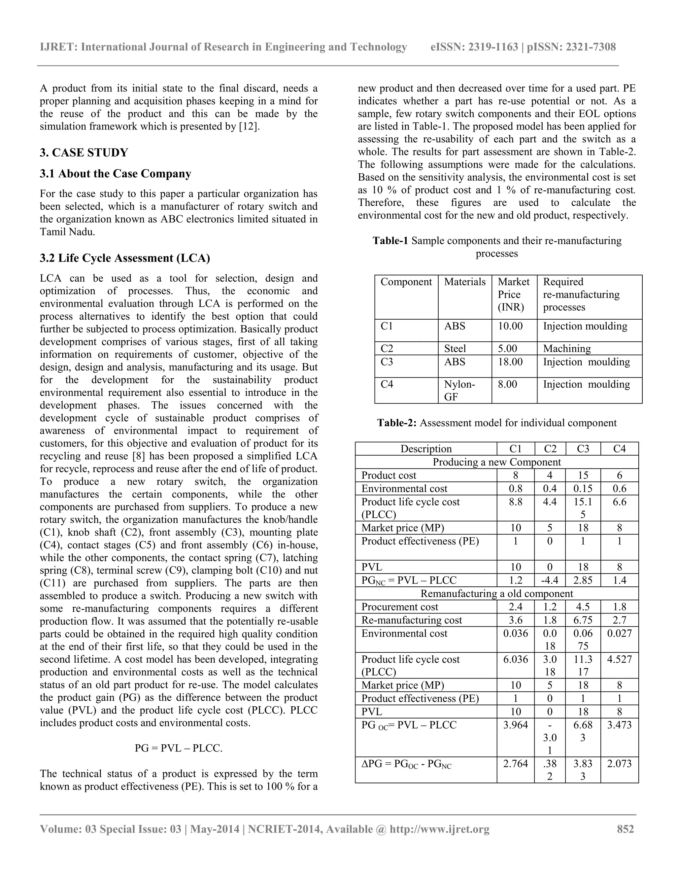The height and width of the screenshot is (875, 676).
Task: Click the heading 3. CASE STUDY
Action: point(84,153)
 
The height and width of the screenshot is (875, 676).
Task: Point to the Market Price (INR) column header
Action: point(513,295)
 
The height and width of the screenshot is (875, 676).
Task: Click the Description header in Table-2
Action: point(426,449)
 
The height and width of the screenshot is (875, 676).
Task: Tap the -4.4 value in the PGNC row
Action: point(550,580)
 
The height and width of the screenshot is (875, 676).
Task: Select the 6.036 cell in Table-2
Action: point(515,659)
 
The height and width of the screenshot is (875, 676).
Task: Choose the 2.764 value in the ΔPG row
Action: point(515,764)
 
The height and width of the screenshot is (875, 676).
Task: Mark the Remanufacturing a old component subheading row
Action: point(496,593)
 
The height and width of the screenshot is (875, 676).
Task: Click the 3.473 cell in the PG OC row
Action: point(619,725)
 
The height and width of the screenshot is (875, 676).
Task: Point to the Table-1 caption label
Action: point(390,241)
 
